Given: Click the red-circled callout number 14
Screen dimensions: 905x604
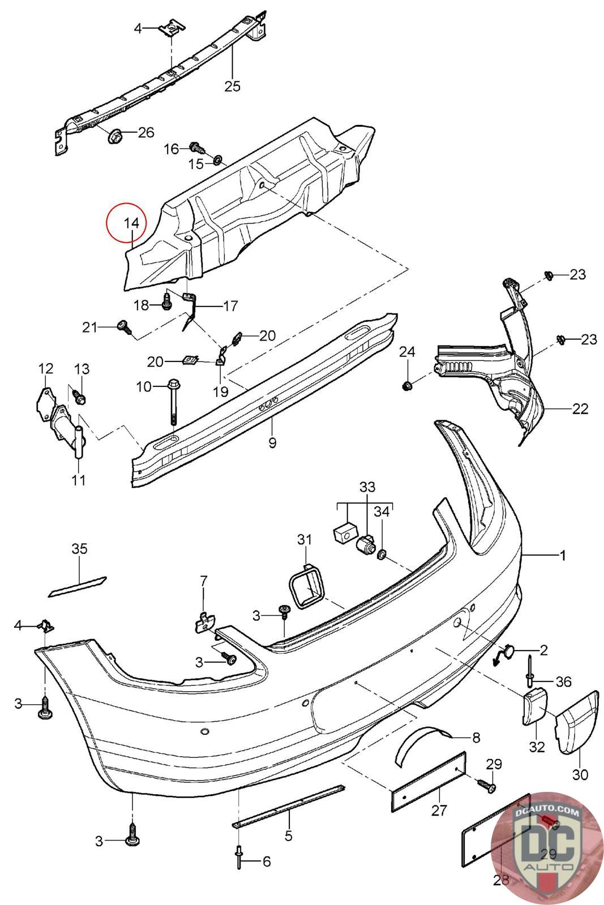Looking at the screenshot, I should (x=131, y=223).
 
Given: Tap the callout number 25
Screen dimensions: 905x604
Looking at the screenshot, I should (x=232, y=86).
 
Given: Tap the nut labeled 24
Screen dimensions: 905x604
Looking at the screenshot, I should (x=406, y=386).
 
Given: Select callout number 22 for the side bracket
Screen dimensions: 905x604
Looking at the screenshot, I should (x=580, y=408).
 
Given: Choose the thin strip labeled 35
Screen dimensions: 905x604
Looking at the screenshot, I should (x=78, y=585).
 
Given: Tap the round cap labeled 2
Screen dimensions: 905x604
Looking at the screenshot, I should (x=507, y=653).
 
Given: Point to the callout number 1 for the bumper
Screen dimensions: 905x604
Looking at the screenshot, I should (x=562, y=555).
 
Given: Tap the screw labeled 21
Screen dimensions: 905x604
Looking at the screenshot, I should (x=123, y=326).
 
